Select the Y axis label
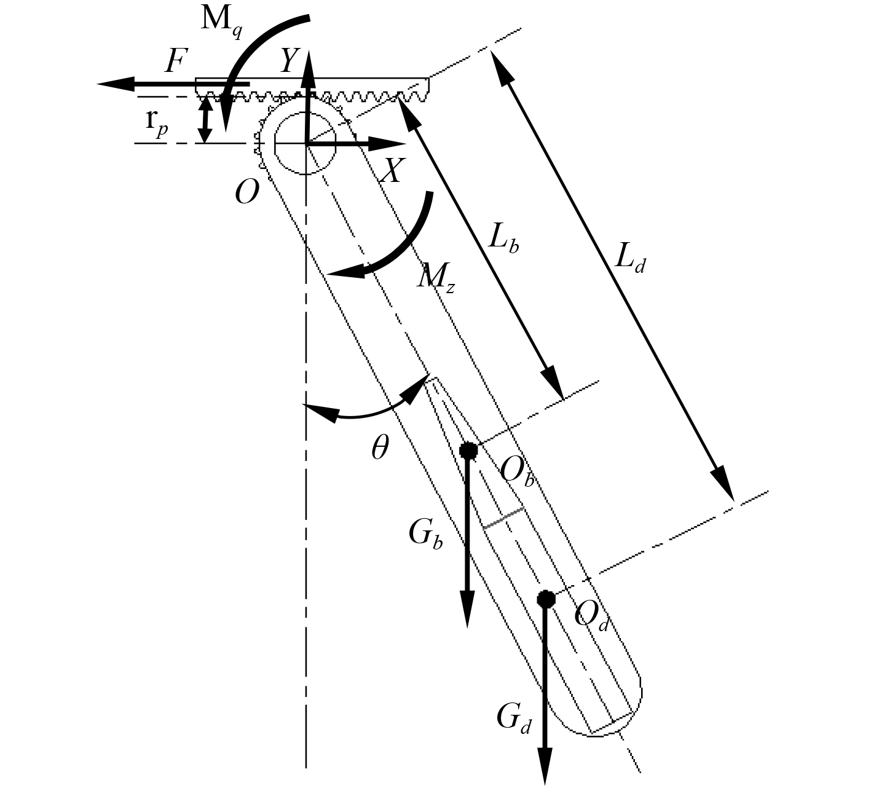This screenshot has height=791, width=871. (x=289, y=60)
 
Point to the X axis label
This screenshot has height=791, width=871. (x=393, y=170)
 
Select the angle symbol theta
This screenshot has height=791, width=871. (x=380, y=447)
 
